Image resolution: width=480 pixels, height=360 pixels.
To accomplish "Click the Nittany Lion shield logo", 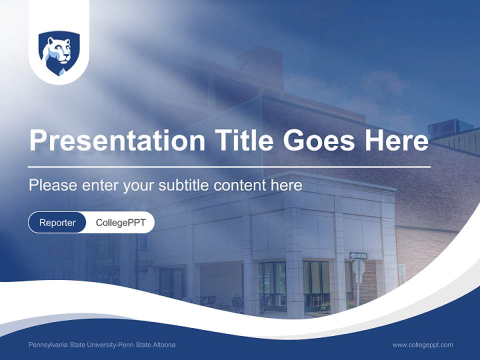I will click(x=59, y=53).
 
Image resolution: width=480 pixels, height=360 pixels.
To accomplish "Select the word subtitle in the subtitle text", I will click(x=184, y=185).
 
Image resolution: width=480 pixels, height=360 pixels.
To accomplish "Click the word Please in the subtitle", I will click(x=52, y=185).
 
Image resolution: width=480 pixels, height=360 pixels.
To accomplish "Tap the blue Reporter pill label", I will click(x=57, y=222).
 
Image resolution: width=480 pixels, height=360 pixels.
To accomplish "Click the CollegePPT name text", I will click(x=120, y=222).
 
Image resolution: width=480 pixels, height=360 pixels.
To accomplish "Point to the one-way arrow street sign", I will click(x=358, y=255).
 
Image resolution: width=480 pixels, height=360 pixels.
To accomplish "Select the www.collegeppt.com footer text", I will click(x=422, y=345).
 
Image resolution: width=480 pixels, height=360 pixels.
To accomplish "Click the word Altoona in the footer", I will click(x=163, y=345).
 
